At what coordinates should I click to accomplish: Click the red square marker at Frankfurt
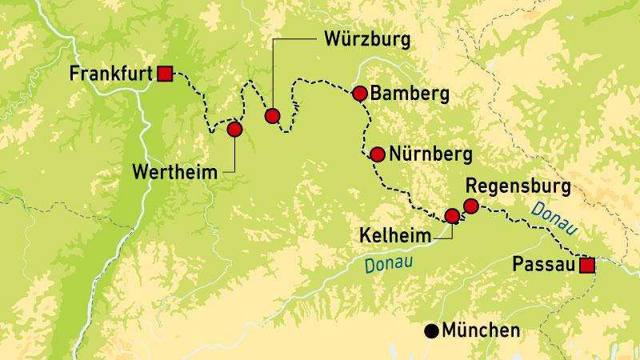click(166, 74)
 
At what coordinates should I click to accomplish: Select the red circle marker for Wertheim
click(234, 129)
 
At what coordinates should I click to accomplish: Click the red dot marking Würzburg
click(272, 116)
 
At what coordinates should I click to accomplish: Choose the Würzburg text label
click(367, 39)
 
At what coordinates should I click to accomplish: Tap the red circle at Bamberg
click(359, 94)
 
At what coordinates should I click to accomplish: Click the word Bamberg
click(410, 94)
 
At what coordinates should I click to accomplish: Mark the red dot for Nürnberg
click(377, 154)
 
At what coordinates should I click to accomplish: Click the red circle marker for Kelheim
click(452, 215)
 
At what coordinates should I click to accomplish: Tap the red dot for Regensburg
click(471, 206)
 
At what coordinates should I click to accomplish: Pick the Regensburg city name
click(518, 186)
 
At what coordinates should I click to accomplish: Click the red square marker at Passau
click(587, 266)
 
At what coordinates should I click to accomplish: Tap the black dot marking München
click(431, 330)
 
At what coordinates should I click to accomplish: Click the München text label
click(481, 330)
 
